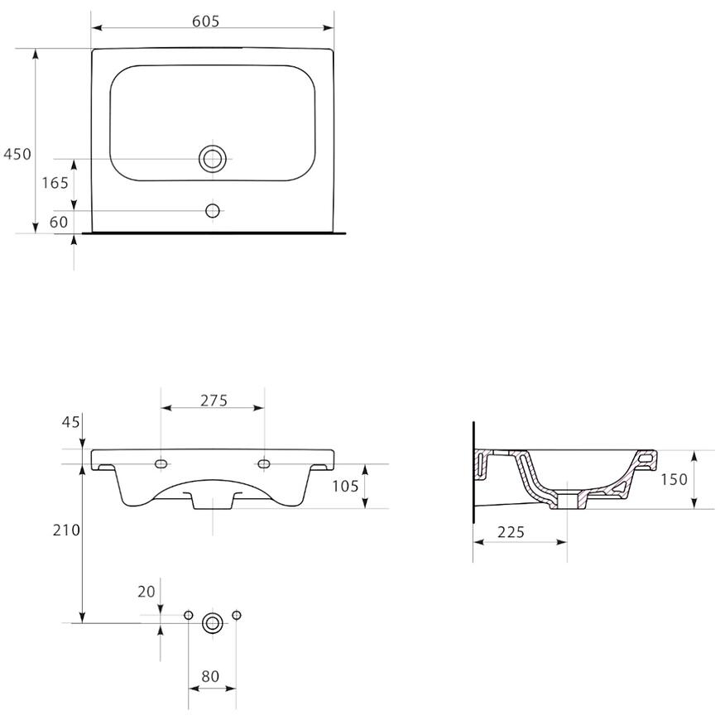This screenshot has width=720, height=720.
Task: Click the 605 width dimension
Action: click(x=206, y=22)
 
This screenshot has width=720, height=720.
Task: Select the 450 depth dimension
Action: click(x=17, y=154)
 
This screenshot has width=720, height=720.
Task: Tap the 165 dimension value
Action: click(x=55, y=183)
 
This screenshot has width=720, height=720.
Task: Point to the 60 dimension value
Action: click(x=58, y=223)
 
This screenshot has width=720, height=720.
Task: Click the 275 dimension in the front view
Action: click(x=214, y=401)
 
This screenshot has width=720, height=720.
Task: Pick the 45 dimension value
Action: click(x=70, y=422)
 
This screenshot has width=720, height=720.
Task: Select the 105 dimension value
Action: click(x=345, y=486)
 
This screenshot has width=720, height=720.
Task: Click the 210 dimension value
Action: click(x=66, y=530)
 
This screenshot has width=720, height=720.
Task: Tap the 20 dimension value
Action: click(x=146, y=592)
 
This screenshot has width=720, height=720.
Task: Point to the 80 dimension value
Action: click(x=210, y=676)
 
